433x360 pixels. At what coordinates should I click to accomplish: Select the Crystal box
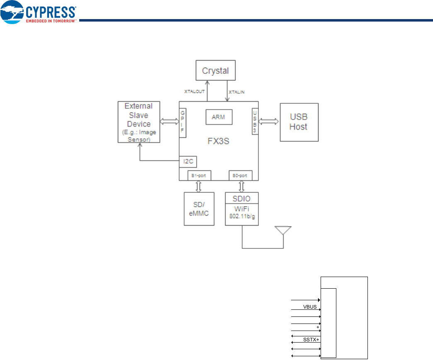point(215,71)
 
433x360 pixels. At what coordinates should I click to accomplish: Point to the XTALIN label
point(236,91)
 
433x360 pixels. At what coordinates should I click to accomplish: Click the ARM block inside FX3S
point(219,117)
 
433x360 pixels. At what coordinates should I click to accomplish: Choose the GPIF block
point(182,123)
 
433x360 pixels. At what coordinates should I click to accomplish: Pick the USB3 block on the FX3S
point(255,122)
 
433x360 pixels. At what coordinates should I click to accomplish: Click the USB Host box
point(299,122)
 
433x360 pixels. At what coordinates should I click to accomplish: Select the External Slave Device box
point(139,123)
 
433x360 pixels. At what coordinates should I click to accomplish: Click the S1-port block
point(199,176)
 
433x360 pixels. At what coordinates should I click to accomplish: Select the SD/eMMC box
point(199,209)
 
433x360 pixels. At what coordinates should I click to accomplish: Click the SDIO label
point(242,199)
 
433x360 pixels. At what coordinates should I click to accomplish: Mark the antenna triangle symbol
point(283,230)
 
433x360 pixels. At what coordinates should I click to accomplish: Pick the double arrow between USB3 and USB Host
point(269,121)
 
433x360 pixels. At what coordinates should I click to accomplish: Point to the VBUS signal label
point(310,307)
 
